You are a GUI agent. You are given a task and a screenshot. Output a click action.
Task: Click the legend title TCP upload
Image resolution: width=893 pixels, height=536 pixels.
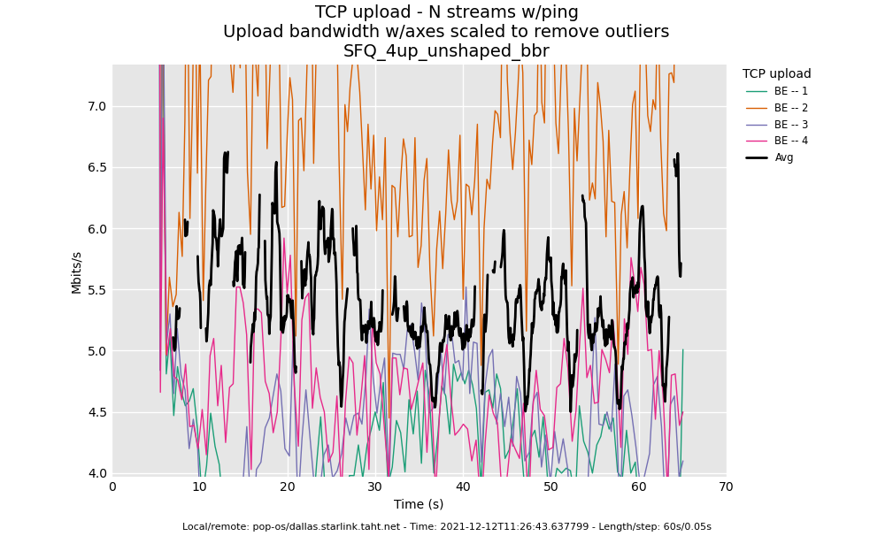coord(776,74)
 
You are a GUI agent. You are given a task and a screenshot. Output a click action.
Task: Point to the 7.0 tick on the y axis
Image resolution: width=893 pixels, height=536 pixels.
coord(96,106)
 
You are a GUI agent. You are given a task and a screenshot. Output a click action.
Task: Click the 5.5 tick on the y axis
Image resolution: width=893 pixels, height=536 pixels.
coord(96,290)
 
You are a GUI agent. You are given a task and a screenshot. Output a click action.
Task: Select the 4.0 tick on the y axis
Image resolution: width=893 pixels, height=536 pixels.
coord(96,473)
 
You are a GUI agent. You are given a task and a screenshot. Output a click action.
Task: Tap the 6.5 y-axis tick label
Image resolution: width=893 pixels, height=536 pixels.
coord(96,167)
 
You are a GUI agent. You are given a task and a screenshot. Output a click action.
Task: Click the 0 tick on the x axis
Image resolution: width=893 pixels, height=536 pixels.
coord(112,487)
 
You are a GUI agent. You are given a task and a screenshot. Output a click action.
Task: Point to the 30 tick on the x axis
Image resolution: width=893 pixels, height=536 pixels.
coord(375,487)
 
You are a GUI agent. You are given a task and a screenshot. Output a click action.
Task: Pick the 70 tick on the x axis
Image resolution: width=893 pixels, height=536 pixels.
coord(726,487)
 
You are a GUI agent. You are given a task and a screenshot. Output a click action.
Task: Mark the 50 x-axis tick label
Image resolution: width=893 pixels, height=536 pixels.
coord(550,487)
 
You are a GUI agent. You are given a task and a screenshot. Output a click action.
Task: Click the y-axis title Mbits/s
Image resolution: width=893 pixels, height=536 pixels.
coord(77,272)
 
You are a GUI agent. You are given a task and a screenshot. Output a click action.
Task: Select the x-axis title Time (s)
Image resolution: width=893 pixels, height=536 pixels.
coord(419,504)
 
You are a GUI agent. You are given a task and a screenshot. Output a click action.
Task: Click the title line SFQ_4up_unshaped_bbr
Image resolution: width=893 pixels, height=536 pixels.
coord(446,51)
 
